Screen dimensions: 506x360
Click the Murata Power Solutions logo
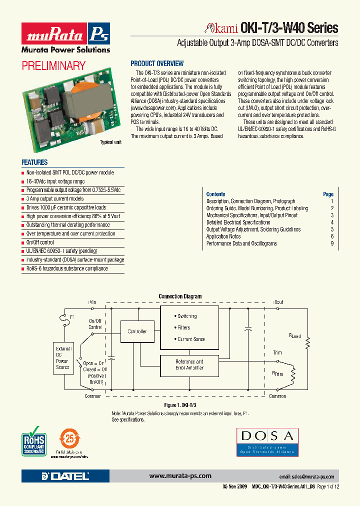point(65,38)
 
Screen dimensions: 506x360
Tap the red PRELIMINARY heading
point(53,65)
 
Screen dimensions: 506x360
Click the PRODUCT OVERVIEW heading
point(157,63)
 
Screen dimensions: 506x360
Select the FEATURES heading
point(34,162)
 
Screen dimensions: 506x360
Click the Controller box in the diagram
point(137,331)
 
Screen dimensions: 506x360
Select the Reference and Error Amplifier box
point(189,364)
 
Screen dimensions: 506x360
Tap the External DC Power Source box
point(62,357)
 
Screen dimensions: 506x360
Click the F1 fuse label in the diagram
point(72,317)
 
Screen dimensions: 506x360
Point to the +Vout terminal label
point(277,302)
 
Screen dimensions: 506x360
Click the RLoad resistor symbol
point(309,342)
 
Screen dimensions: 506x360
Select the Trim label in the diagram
point(277,352)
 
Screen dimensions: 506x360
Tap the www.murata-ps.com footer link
point(180,476)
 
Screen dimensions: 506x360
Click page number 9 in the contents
point(331,243)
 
